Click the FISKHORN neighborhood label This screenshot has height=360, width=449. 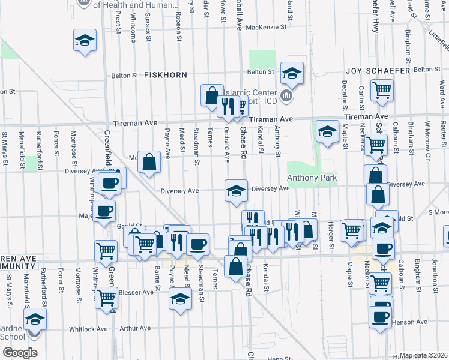point(165,75)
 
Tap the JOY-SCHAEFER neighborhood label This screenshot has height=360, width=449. point(378,71)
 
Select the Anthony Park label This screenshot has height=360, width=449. point(312,178)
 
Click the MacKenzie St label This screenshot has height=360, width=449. point(268,27)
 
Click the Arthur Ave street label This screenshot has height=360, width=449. point(135,328)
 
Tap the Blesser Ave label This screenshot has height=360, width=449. point(136,293)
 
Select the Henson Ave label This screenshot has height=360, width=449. point(409,322)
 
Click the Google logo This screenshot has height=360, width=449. point(20,353)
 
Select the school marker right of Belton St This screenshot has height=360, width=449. point(292,73)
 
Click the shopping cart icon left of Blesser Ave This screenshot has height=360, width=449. point(106,296)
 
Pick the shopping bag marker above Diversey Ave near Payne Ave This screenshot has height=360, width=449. point(149,161)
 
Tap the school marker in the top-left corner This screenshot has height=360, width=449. point(85,40)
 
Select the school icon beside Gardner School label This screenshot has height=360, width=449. point(35,319)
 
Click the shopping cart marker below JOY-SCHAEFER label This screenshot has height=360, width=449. point(381,91)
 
